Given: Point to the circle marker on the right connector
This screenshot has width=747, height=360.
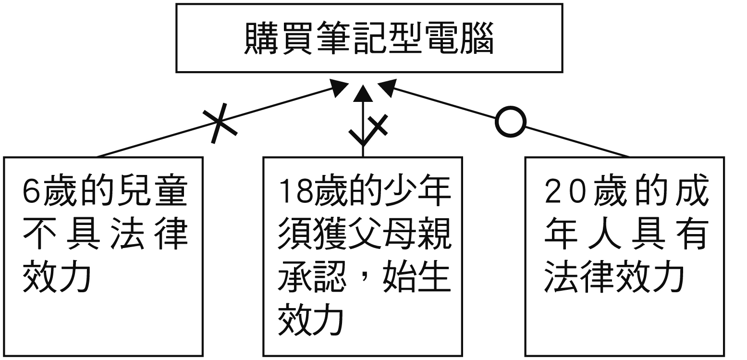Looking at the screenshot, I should click(x=511, y=122).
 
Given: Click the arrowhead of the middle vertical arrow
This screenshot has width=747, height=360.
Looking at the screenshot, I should click(x=363, y=93).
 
